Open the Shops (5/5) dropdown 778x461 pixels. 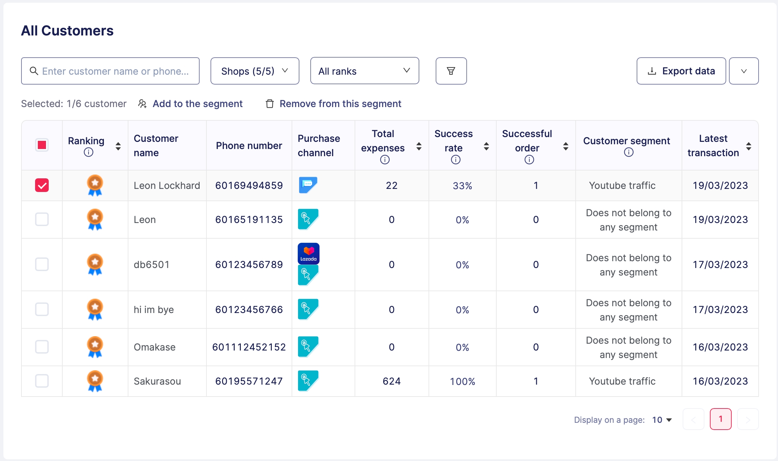[254, 71]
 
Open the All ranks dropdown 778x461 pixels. [364, 71]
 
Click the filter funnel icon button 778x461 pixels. [451, 71]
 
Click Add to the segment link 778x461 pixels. [197, 104]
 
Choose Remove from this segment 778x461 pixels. [340, 104]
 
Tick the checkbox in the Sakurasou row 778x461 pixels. [42, 381]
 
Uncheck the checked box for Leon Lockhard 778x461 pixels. [42, 185]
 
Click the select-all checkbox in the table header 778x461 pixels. [42, 145]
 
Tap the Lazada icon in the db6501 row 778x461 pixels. [309, 253]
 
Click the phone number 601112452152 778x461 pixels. [249, 347]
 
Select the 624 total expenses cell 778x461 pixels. [391, 381]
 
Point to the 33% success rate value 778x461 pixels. [462, 186]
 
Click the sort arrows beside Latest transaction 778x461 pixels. [748, 146]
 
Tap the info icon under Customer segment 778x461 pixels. [628, 152]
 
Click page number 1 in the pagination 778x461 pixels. [720, 419]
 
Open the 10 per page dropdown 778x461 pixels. [662, 420]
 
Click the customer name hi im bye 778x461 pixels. [154, 310]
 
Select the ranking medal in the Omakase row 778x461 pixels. [95, 347]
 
